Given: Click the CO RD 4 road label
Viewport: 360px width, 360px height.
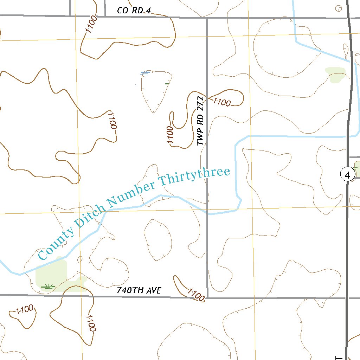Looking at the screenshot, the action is pos(134,11).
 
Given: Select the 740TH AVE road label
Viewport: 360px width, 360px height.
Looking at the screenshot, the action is pos(139,290).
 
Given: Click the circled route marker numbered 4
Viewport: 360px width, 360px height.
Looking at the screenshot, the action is pos(348,175).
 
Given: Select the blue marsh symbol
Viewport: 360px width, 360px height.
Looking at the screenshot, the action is pos(145,73).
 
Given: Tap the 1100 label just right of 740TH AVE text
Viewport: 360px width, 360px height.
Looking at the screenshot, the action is pos(196,295).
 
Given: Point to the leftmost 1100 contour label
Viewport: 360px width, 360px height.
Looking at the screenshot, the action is pos(25,310).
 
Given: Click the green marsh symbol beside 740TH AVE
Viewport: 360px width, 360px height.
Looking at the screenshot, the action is pos(48,286).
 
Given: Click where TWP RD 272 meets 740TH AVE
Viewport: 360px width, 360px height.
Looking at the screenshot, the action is pos(207,298).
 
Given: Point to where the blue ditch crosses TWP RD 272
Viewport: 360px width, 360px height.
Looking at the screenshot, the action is pos(207,213).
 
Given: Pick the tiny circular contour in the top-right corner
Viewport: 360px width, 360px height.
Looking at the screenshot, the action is pos(339,8).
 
